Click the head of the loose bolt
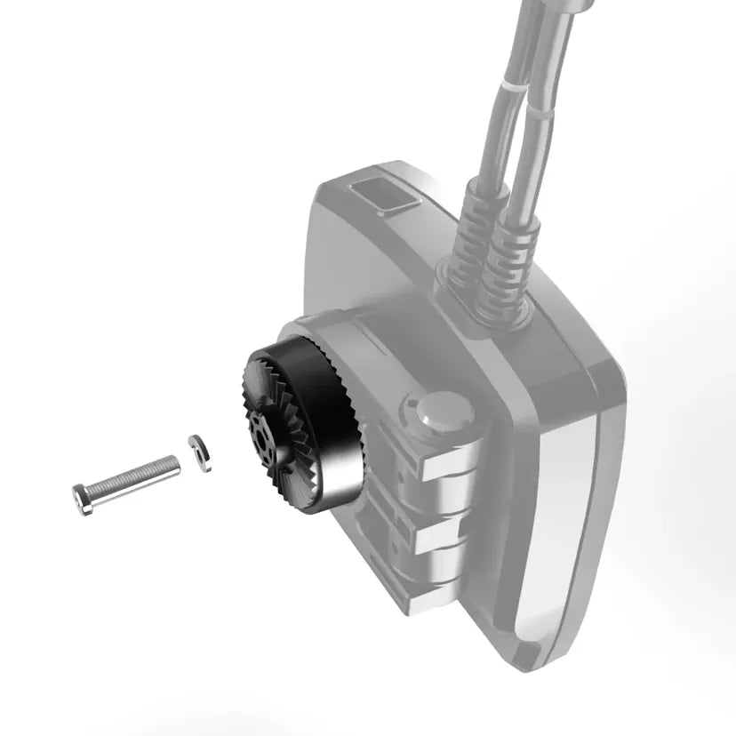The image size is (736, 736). pos(83,499)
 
